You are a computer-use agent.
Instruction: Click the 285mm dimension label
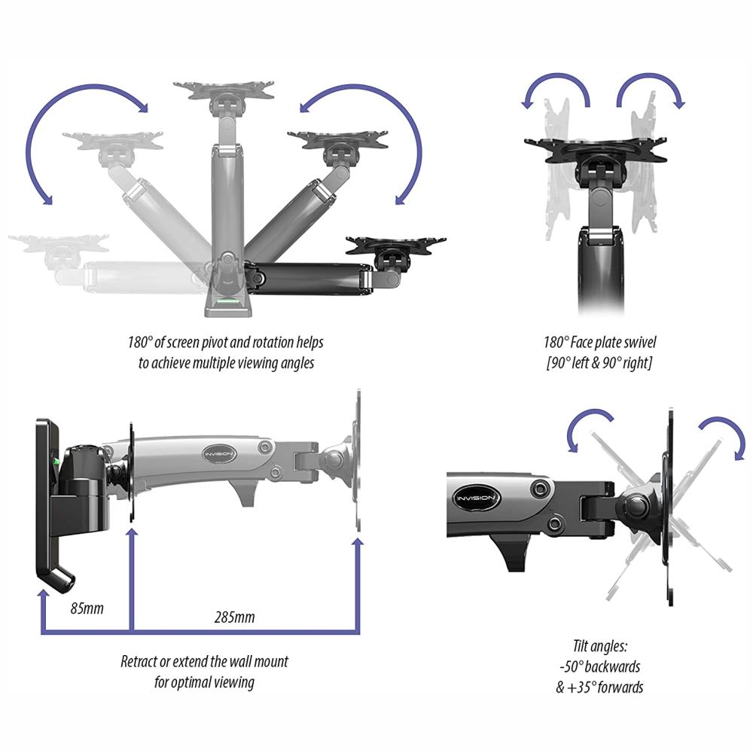click(x=235, y=617)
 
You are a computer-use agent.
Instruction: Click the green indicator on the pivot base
click(x=227, y=301)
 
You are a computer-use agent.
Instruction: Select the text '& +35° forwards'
click(x=599, y=687)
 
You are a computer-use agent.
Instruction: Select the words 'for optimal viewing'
click(x=204, y=682)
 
